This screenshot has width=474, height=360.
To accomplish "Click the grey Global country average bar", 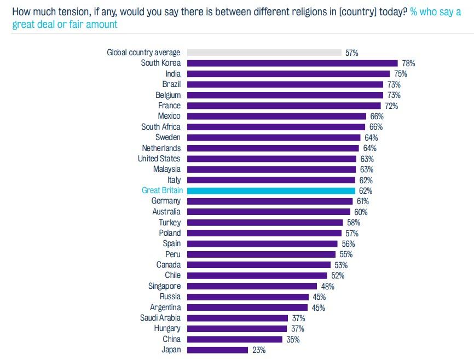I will click(264, 53).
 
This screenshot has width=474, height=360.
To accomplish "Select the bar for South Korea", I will click(292, 63).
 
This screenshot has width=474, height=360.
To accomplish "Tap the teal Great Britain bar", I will click(271, 190).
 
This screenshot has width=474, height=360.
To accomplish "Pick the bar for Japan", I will click(217, 350).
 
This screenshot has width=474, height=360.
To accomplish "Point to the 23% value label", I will click(258, 350).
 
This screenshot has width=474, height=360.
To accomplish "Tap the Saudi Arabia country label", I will click(160, 318).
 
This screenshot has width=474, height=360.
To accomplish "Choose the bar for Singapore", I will click(252, 286).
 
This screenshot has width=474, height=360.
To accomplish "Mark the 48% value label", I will click(327, 286).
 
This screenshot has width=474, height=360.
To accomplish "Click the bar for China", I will click(235, 339).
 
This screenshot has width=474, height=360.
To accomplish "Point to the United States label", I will click(159, 159).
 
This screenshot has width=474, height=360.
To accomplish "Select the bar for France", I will click(284, 106).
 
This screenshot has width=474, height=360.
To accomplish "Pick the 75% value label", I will click(401, 74).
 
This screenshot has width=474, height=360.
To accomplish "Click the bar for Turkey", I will click(265, 223).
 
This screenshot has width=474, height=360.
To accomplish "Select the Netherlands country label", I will click(161, 148).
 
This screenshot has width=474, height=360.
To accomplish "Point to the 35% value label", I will click(293, 339).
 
